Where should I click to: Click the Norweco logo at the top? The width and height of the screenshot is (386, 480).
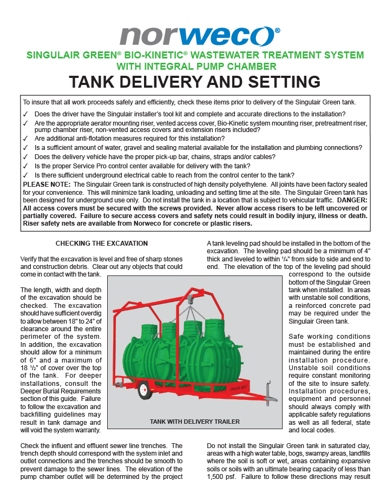[200, 36]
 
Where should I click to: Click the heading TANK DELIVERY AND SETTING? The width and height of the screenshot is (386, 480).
[195, 82]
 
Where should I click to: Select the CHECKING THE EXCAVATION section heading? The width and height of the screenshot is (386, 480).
[102, 244]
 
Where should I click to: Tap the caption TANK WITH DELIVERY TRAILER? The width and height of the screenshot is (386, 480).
[195, 422]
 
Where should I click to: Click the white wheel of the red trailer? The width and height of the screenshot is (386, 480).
[145, 390]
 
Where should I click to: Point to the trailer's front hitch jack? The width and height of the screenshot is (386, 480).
[269, 393]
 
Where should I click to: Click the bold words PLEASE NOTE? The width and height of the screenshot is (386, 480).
[47, 185]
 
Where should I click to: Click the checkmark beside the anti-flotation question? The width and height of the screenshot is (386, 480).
[25, 139]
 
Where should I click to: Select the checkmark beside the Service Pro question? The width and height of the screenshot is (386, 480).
[25, 166]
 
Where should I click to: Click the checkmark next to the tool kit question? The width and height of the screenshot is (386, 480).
[25, 114]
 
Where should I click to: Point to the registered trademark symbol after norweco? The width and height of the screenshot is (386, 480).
[277, 30]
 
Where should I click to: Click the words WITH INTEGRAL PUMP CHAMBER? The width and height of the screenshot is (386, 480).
[197, 67]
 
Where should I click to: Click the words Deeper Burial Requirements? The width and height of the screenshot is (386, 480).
[61, 391]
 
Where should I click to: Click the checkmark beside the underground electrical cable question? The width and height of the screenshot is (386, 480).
[25, 175]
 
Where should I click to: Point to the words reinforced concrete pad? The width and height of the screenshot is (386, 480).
[333, 306]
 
